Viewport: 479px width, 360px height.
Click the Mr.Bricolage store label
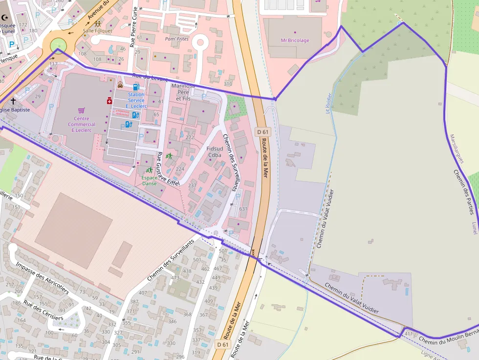point(295,41)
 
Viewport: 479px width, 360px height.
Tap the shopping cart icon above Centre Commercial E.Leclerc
point(81,110)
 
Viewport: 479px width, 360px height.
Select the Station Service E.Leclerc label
point(136,100)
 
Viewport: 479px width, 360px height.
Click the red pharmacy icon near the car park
point(109,101)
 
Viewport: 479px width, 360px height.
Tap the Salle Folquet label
point(97,31)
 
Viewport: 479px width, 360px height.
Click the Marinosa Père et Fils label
point(183,92)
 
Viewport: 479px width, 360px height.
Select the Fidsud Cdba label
point(215,151)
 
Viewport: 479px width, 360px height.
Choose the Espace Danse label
point(149,181)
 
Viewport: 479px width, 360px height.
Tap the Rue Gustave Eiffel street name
point(168,169)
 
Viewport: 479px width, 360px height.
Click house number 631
point(243,209)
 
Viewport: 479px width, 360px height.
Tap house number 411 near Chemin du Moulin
point(409,334)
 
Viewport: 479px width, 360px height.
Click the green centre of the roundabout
point(58,45)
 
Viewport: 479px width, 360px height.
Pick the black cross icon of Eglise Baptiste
point(13,102)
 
